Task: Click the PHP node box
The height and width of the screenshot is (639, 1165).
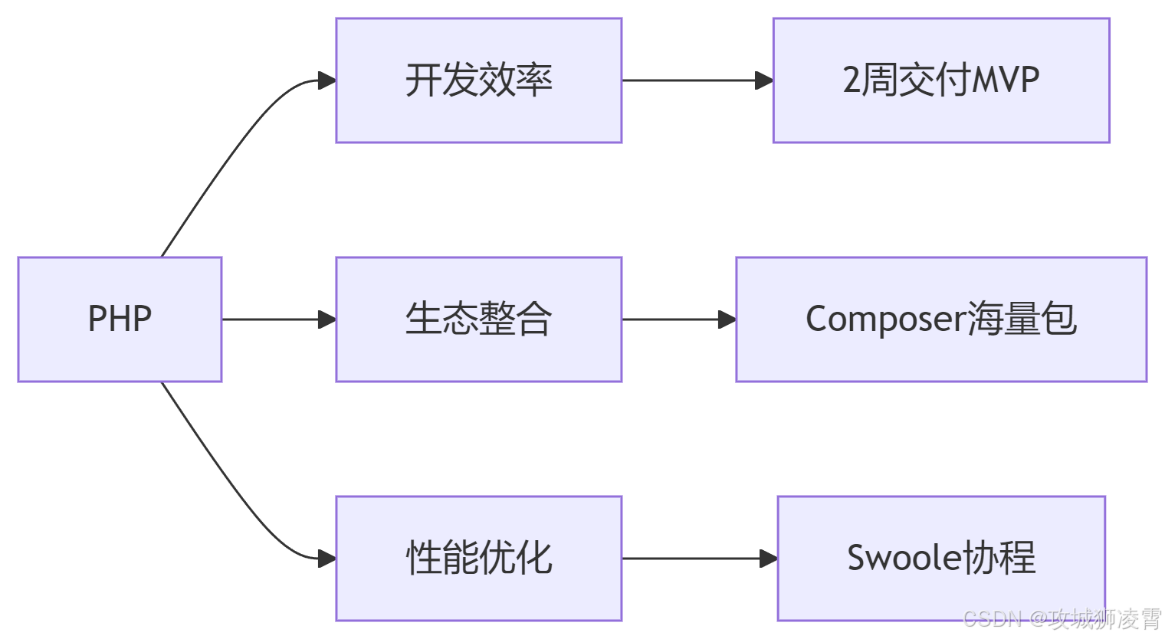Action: point(120,319)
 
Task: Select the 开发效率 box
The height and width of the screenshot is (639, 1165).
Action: point(478,80)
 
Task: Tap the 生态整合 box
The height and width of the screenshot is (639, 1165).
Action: point(478,319)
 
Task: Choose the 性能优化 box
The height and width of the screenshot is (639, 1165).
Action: point(478,558)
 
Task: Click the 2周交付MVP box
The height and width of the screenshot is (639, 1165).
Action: point(941,80)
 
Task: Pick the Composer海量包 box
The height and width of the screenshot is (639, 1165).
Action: point(941,319)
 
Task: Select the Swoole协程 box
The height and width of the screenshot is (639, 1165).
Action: point(941,558)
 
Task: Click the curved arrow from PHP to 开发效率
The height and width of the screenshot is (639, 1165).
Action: point(230,153)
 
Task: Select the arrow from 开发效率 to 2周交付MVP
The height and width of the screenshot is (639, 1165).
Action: point(690,80)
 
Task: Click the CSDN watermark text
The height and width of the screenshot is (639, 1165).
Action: point(1062,618)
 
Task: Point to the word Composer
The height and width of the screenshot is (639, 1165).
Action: point(885,319)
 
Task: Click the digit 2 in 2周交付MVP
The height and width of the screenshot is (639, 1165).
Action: point(852,80)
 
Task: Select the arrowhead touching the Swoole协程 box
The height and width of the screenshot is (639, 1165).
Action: point(768,559)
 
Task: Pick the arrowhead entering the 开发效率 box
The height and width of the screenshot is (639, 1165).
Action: point(327,80)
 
